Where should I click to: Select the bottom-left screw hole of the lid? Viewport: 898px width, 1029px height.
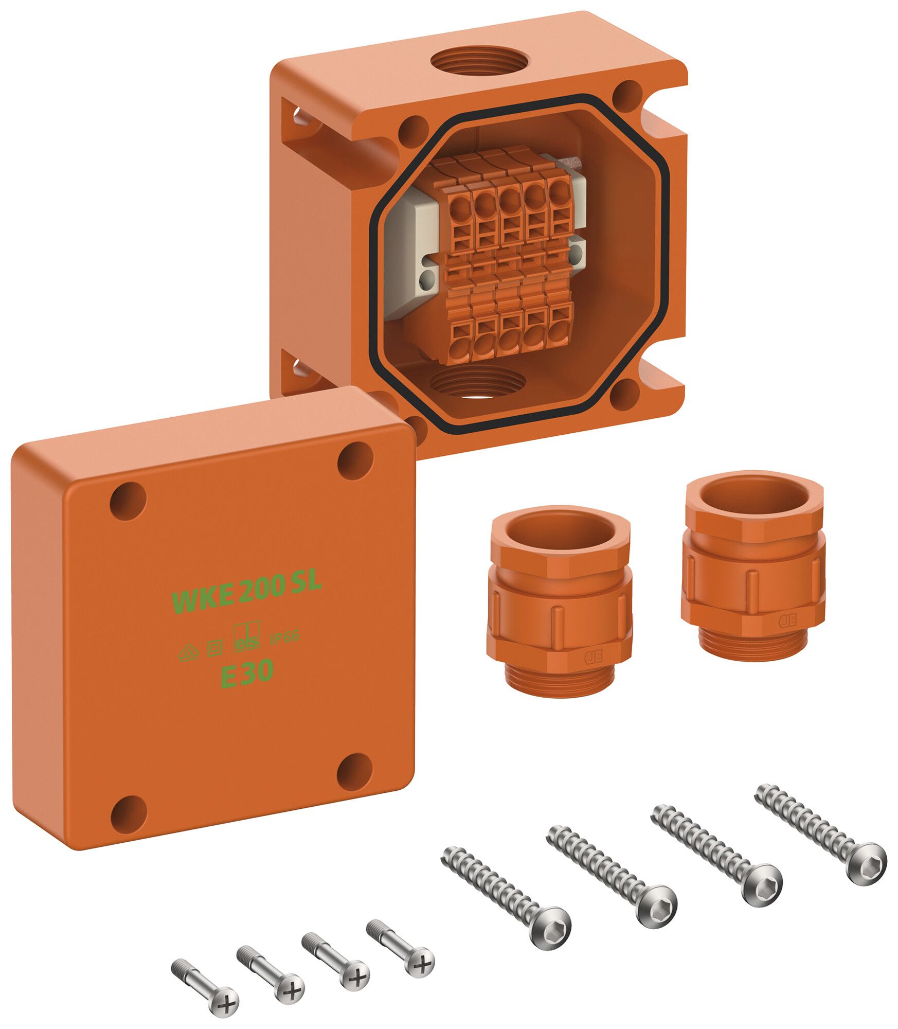coord(129,812)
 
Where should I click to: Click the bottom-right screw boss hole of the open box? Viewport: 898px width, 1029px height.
coord(624,392)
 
